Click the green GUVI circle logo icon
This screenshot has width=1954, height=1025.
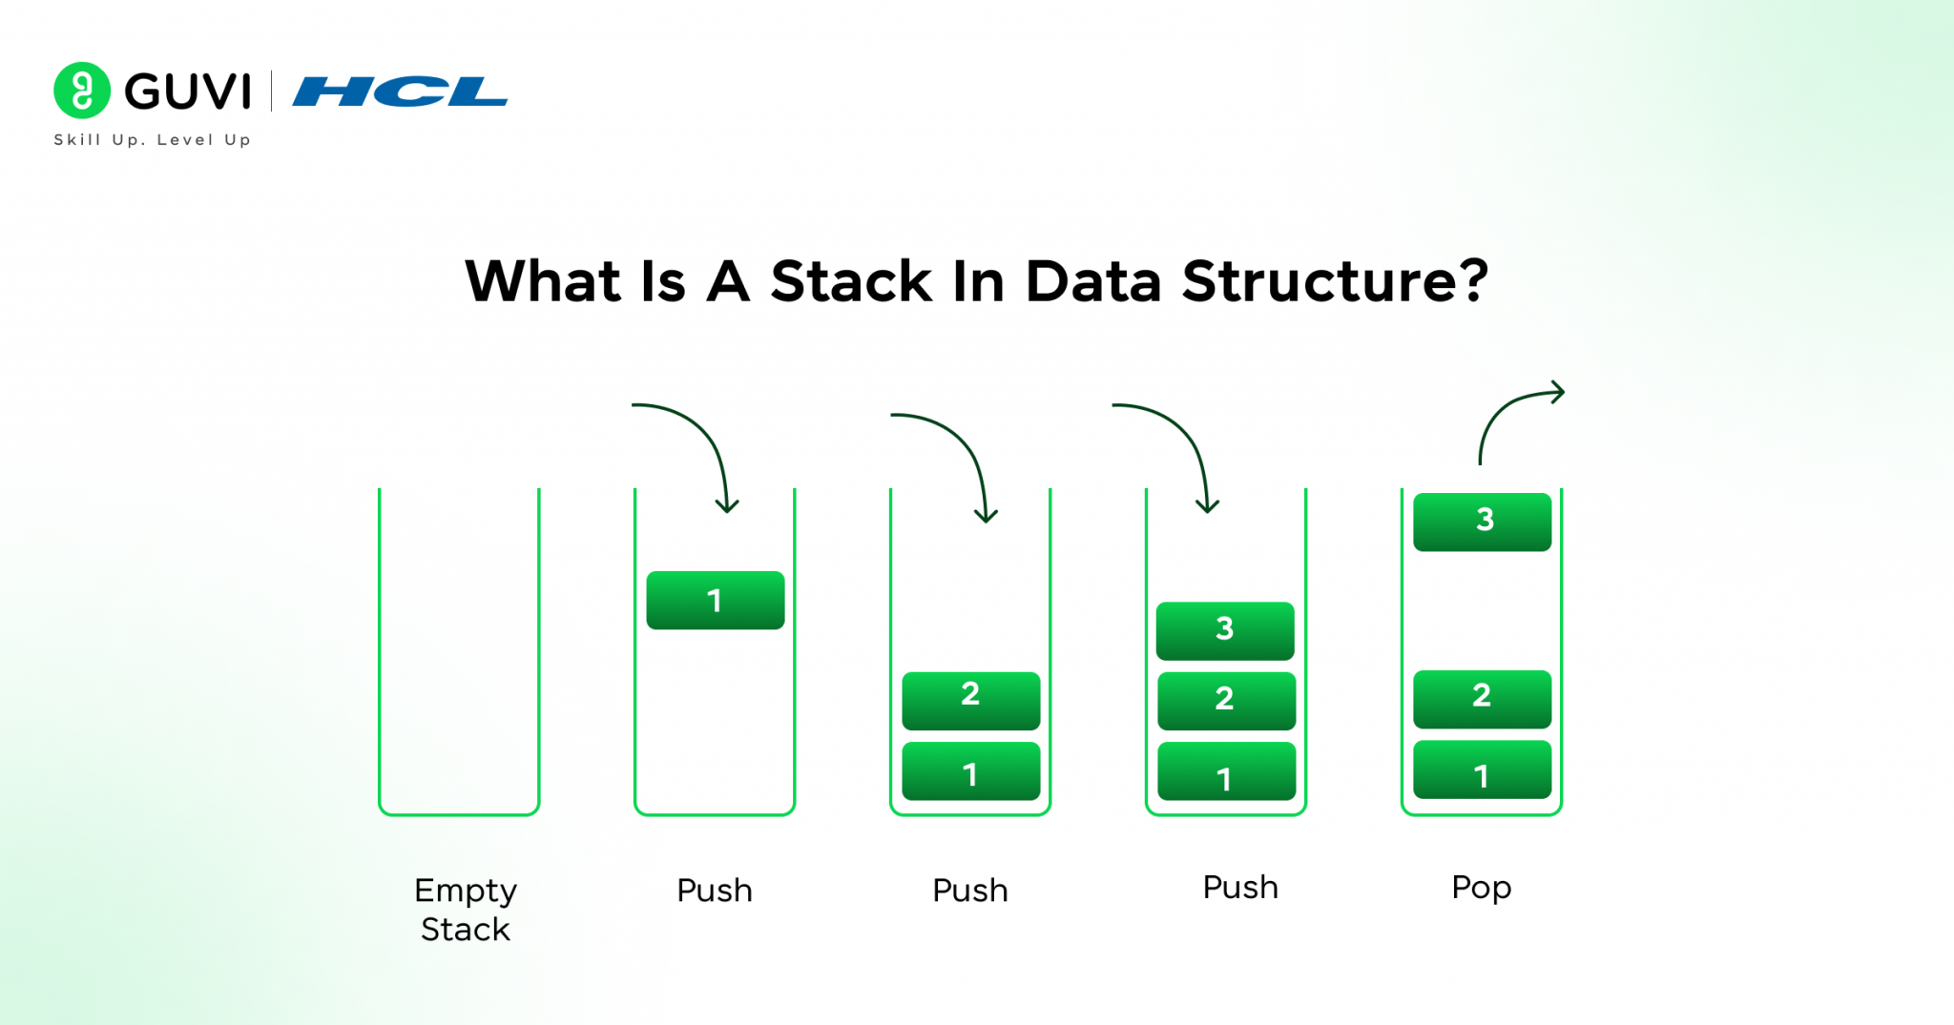pos(82,91)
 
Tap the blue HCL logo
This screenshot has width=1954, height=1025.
pos(399,92)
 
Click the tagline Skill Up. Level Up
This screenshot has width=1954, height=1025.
pos(153,139)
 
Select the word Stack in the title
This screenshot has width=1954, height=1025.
pos(851,281)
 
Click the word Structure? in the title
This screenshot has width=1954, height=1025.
pos(1335,281)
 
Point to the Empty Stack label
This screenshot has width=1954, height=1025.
pos(466,909)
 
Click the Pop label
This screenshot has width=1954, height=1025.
pos(1481,888)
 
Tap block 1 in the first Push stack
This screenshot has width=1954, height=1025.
pos(716,600)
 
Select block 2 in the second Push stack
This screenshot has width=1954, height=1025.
pos(970,700)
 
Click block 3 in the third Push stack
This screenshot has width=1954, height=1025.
pos(1225,630)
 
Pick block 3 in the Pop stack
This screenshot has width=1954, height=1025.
pos(1482,522)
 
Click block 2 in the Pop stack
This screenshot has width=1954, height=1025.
pos(1482,698)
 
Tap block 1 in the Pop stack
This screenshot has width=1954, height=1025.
pos(1482,769)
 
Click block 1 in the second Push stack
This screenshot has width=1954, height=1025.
pos(970,771)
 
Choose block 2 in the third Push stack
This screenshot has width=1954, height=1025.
pos(1226,701)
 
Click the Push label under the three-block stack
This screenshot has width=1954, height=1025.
pos(1239,888)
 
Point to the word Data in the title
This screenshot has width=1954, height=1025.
pos(1093,281)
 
